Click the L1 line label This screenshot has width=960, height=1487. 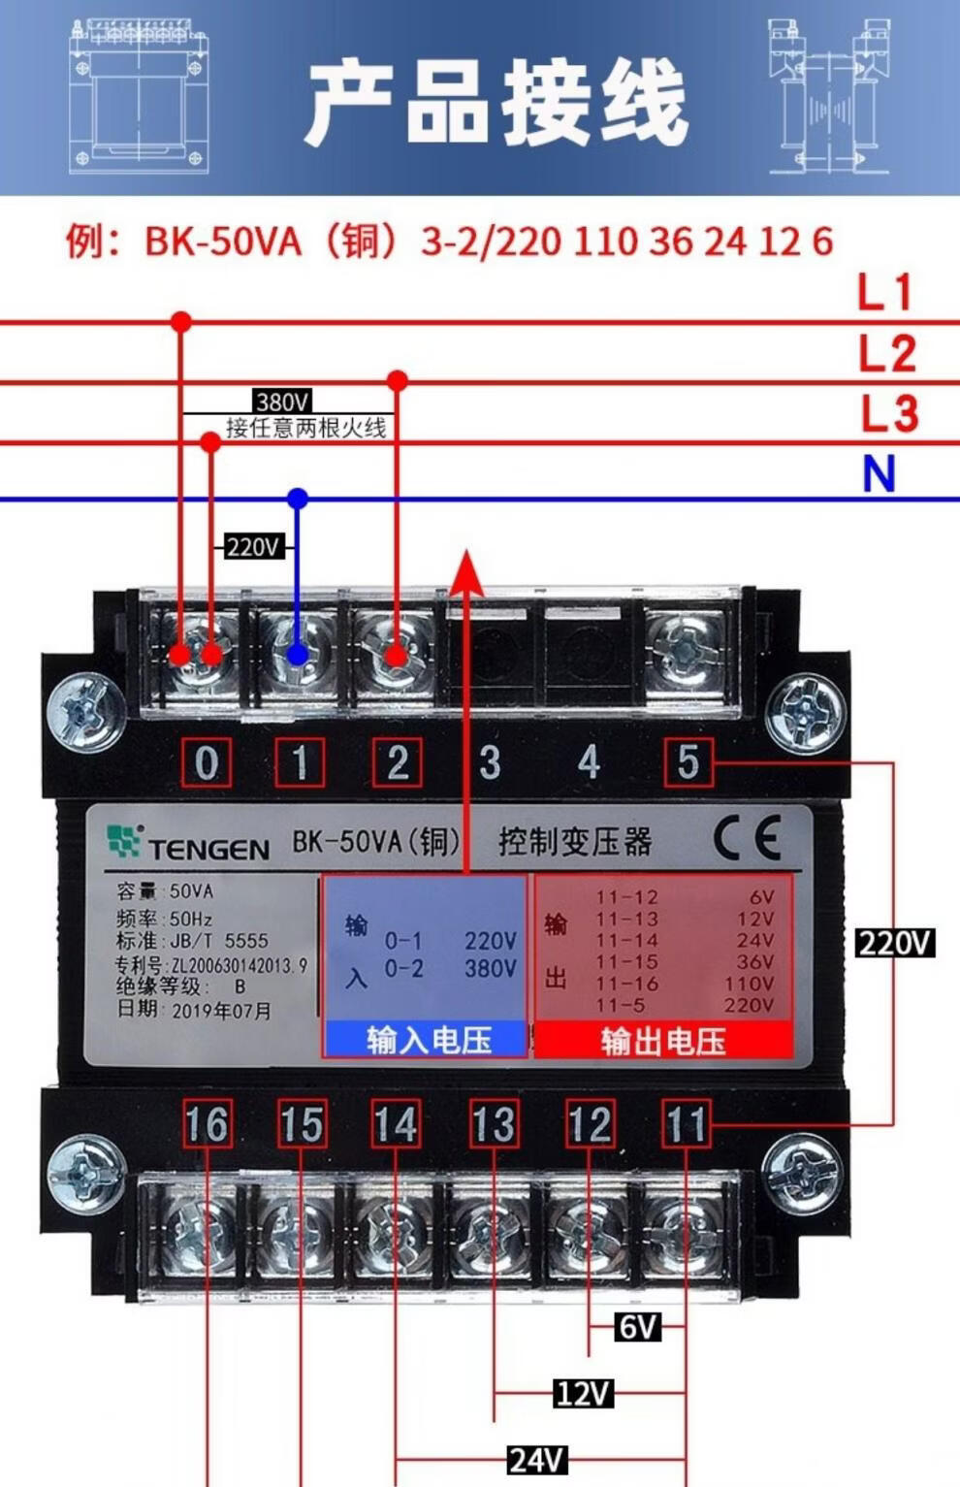click(884, 292)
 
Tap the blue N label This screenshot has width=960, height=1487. click(879, 474)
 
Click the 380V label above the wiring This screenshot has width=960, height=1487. click(282, 402)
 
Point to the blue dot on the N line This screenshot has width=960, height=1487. click(298, 499)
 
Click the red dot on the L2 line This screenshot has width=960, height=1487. click(397, 380)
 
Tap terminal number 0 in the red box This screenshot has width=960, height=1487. click(207, 763)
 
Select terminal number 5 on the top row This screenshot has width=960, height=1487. click(688, 762)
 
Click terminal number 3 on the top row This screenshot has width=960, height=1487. click(490, 762)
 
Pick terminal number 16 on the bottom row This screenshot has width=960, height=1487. click(207, 1125)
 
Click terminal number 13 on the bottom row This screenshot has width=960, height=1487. click(493, 1125)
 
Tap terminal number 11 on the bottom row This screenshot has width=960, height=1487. click(686, 1125)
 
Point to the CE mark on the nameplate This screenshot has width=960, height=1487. click(748, 837)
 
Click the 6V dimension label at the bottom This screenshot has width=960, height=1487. click(636, 1326)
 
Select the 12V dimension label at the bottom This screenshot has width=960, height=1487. click(583, 1394)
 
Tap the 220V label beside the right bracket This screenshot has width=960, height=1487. click(894, 942)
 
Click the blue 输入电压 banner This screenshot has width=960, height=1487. click(427, 1040)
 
